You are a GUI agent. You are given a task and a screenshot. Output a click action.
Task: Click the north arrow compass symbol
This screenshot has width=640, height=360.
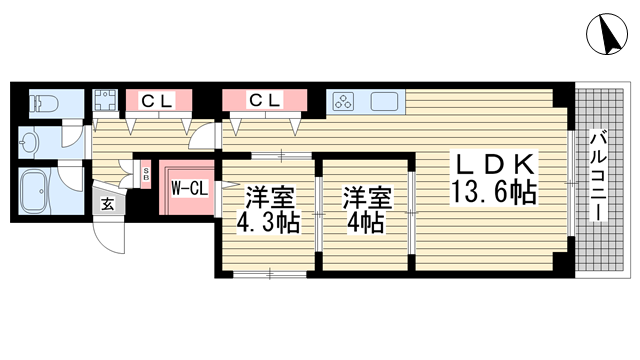[607, 33]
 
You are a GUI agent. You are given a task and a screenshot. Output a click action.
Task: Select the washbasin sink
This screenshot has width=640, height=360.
[29, 142]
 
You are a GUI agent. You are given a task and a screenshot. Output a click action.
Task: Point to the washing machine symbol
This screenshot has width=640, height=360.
[106, 100]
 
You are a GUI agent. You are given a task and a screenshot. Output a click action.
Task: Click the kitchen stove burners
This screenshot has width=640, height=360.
[344, 101]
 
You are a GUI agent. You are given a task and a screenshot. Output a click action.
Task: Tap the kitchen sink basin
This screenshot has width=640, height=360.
[384, 101]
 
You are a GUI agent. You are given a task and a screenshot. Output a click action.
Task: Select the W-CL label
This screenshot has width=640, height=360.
[189, 188]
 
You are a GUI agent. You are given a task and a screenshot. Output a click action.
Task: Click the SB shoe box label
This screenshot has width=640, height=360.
[146, 175]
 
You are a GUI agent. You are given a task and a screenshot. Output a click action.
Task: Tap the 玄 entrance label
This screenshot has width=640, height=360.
[107, 204]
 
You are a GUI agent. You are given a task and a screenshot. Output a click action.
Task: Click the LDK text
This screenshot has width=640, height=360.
[494, 164]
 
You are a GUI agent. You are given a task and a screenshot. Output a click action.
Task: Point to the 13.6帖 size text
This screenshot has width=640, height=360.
[493, 192]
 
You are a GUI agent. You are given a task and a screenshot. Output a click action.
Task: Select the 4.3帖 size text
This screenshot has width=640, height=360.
[268, 223]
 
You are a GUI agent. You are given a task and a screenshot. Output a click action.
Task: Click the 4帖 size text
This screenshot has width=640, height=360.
[365, 223]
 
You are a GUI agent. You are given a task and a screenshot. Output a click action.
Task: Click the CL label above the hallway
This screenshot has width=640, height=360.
[158, 100]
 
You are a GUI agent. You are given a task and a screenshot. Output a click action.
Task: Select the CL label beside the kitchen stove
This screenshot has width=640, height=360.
[265, 100]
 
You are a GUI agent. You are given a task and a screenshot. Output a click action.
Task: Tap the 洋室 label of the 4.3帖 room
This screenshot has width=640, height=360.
[270, 198]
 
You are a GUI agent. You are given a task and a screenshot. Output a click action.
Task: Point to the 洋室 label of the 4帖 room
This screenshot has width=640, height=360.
[368, 198]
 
